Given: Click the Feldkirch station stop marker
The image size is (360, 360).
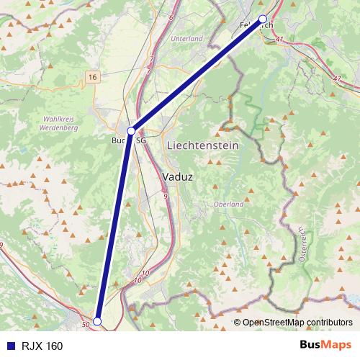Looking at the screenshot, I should (263, 19).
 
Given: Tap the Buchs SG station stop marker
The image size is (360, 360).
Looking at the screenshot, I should (131, 131).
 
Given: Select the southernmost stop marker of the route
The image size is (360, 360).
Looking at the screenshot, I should (97, 321).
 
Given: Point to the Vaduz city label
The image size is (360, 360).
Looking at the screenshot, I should (177, 176).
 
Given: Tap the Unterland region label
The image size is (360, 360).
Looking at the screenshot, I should (187, 38).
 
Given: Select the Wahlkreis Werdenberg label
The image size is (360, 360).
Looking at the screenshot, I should (59, 122).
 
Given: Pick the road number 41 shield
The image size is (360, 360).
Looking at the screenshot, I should (279, 40).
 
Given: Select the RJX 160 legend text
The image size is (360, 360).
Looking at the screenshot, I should (42, 346).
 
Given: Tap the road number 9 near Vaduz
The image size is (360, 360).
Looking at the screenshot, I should (165, 195).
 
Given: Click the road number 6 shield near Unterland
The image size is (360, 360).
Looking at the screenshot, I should (172, 16).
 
